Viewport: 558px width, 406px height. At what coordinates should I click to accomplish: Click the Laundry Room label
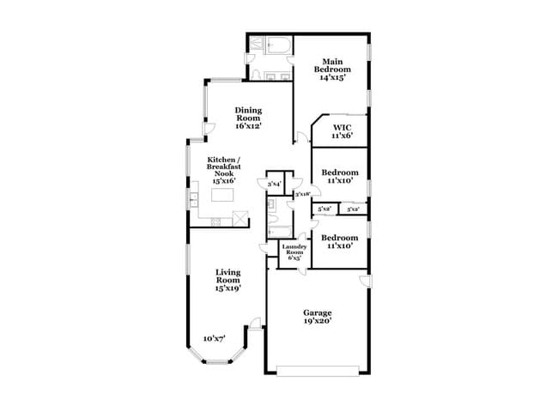294,251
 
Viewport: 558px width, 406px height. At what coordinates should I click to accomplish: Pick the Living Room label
227,280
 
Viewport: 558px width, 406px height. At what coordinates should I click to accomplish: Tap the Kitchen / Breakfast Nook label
222,170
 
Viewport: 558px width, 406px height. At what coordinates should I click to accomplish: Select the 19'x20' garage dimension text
318,322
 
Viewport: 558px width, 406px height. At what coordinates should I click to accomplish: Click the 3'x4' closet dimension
275,184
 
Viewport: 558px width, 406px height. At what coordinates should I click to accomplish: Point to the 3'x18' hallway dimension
302,195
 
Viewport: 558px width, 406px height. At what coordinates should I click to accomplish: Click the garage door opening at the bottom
318,372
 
